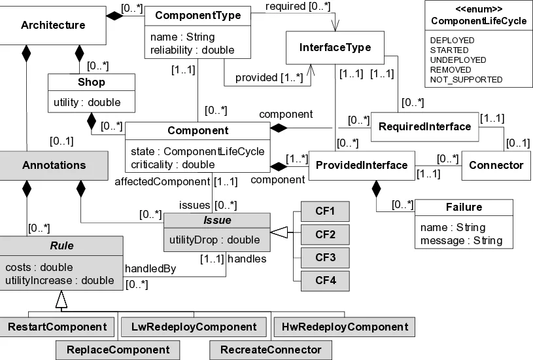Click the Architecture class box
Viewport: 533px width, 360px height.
[x=53, y=26]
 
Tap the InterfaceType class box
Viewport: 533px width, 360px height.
[x=335, y=48]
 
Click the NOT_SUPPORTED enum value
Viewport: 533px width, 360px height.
[x=466, y=79]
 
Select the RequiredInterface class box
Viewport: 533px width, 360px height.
[x=424, y=126]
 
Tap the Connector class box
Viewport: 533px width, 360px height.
[x=496, y=165]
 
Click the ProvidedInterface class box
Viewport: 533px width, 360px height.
[x=361, y=165]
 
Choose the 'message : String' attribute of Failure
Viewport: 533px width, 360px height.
[x=460, y=240]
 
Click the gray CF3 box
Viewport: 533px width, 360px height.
[x=325, y=258]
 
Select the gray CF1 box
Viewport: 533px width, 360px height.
[x=325, y=211]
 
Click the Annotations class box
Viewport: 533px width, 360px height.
[x=53, y=165]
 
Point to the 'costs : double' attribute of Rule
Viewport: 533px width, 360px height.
[x=39, y=267]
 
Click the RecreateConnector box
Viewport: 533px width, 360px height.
[x=271, y=350]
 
